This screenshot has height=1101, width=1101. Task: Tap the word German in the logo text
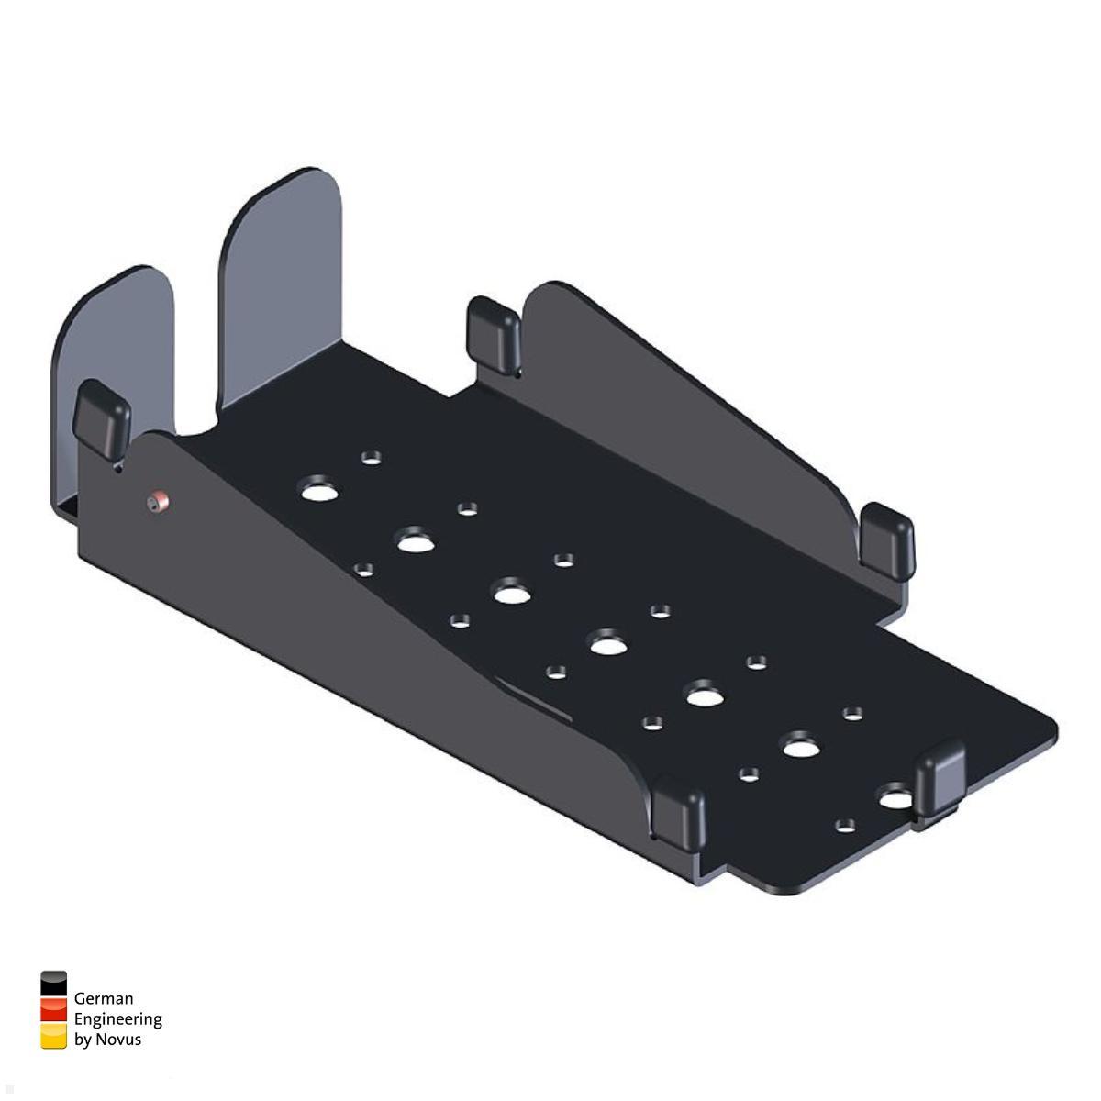coord(104,998)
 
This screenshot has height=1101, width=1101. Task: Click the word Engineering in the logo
coord(117,1019)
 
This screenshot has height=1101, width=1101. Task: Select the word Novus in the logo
coord(118,1040)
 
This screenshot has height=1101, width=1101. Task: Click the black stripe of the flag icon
coord(54,984)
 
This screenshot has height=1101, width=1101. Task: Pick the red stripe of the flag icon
coord(54,1010)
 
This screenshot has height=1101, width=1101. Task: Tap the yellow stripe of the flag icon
coord(54,1036)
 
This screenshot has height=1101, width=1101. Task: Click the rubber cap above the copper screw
coord(101,417)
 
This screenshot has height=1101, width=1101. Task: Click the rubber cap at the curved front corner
coord(680,807)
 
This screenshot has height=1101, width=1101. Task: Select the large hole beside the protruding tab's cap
coord(894,798)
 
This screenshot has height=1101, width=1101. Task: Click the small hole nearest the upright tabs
coord(372,456)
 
